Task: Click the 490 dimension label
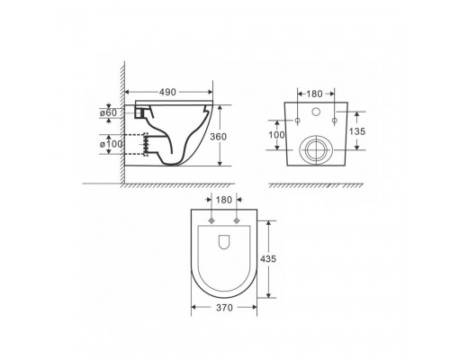coord(167,92)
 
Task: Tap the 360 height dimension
coord(218,137)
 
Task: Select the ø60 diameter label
coord(108,113)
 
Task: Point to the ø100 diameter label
coord(111,144)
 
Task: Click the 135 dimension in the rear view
coord(357,131)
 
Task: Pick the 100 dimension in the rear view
coord(276,135)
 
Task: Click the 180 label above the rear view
coord(314,94)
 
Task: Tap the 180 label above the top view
coord(224,200)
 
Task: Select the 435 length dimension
coord(268,258)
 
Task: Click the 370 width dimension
coord(224,308)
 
